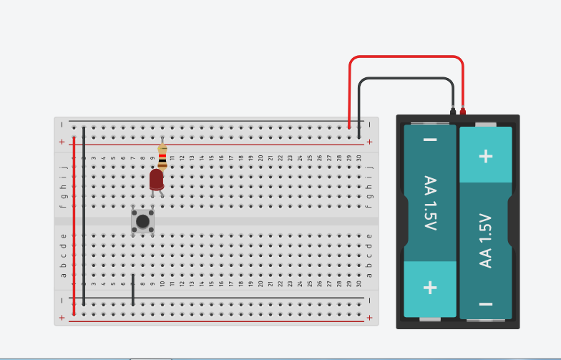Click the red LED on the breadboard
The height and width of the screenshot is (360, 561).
(x=156, y=180)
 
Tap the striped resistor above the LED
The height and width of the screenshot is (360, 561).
(x=162, y=157)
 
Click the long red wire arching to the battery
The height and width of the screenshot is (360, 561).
(x=406, y=56)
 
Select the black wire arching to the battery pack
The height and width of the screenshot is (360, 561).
(x=406, y=78)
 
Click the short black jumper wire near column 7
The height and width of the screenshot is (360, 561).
(x=133, y=290)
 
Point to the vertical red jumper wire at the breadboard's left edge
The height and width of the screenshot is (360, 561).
(x=74, y=226)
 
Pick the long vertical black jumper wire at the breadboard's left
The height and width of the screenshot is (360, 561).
(x=84, y=216)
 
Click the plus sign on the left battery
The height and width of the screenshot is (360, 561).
(x=430, y=288)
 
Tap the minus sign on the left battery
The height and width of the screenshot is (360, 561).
(x=430, y=140)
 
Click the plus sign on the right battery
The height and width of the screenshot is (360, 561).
(x=485, y=156)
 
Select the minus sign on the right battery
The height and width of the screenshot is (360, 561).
(x=485, y=304)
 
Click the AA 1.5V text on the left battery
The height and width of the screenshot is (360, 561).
(x=431, y=203)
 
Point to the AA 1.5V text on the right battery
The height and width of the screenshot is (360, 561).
(x=485, y=240)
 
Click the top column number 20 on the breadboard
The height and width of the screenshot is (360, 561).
(x=260, y=157)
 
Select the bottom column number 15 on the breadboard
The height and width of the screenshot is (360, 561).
(x=212, y=283)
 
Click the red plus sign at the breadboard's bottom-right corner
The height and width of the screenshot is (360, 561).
(x=369, y=318)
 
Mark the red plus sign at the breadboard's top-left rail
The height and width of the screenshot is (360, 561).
(x=62, y=142)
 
